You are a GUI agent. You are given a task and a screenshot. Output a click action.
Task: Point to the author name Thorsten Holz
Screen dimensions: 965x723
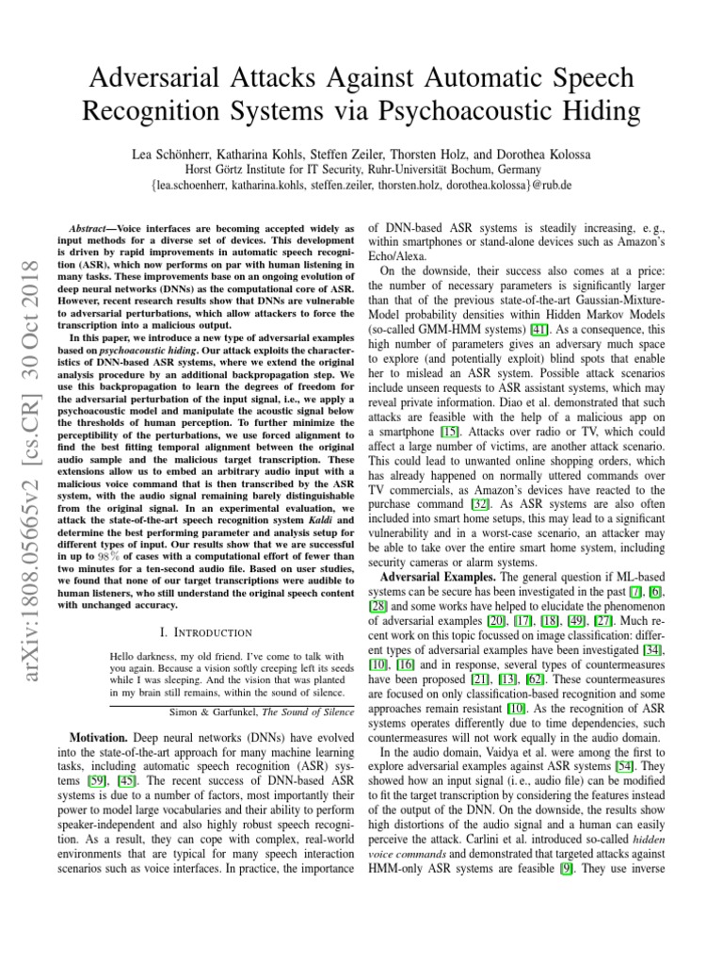[x=410, y=153]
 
